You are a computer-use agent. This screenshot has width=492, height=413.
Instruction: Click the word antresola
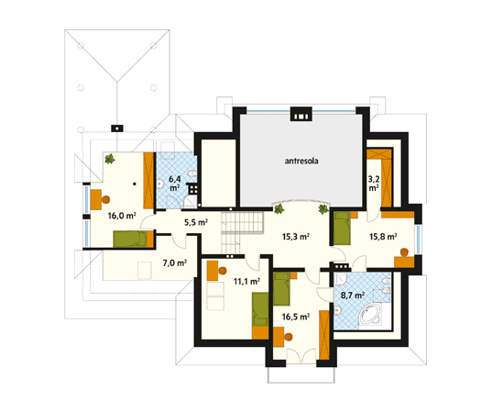(301, 161)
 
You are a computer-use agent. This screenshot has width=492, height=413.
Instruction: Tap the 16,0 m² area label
(122, 216)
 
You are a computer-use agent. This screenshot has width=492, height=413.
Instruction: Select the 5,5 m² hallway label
(196, 222)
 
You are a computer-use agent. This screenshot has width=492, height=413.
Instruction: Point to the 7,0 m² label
(175, 262)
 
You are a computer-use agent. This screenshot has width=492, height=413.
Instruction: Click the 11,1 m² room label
(246, 281)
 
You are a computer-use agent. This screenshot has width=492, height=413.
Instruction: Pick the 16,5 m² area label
(296, 317)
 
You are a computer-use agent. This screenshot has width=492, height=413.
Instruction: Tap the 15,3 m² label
(296, 237)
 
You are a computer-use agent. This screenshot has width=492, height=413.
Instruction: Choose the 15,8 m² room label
(383, 237)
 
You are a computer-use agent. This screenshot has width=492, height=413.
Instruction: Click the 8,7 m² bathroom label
(353, 296)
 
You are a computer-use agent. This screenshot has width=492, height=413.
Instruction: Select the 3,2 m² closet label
(374, 184)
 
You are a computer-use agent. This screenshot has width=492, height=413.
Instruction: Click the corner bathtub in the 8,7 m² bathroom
(370, 314)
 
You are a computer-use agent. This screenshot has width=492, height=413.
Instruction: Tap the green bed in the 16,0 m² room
(130, 239)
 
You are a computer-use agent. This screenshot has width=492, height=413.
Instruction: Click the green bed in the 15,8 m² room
(342, 228)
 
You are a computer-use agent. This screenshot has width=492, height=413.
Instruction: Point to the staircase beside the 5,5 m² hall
(242, 231)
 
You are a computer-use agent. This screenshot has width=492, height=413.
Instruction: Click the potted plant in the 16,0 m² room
(110, 159)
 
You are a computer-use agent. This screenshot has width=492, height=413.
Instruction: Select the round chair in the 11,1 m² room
(223, 271)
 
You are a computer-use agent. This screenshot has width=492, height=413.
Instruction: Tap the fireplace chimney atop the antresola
(301, 114)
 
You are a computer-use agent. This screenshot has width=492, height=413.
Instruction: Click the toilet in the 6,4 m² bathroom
(191, 173)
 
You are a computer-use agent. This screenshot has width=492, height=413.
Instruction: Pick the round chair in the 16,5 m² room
(289, 337)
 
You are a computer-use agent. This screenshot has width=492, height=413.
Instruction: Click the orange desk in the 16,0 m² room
(95, 199)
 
